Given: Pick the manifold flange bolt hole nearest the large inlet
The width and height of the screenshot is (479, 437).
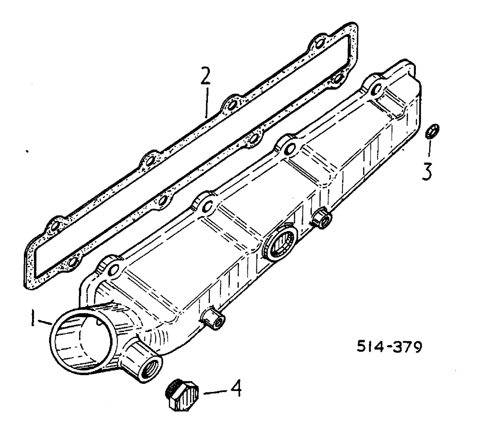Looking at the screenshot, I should point(114,271).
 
